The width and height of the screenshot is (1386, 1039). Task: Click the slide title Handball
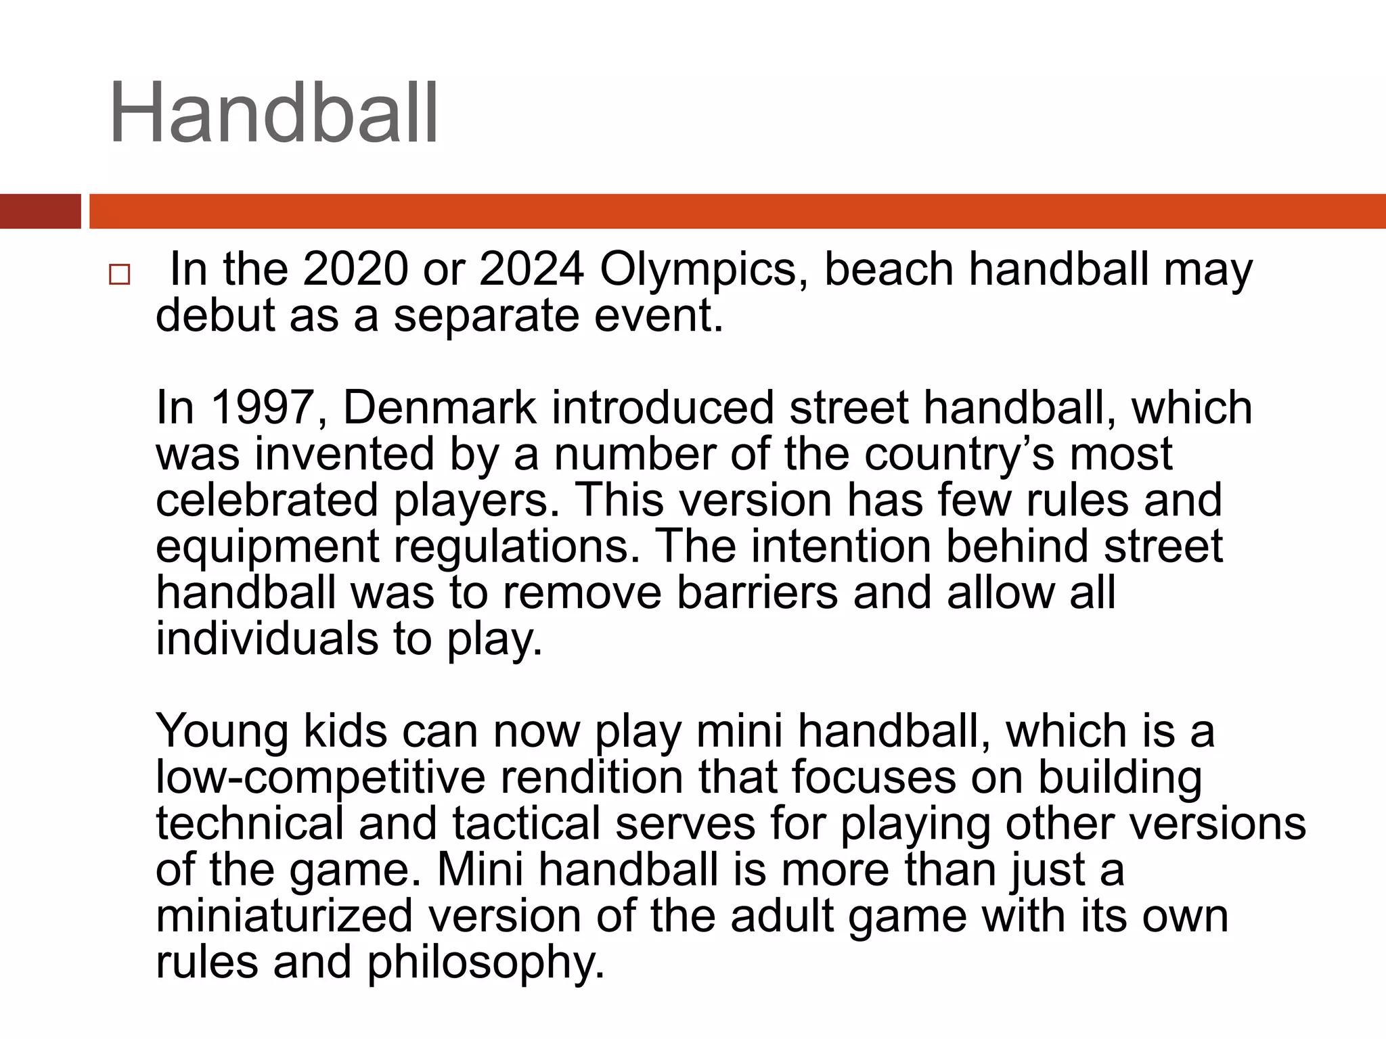pos(273,113)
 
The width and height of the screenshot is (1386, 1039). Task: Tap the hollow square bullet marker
pos(119,275)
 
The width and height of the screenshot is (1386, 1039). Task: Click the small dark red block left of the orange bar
pos(40,211)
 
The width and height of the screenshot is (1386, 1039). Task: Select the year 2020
pos(355,269)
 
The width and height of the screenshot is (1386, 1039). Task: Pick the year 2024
pos(531,269)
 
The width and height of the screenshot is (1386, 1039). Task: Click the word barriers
pos(757,593)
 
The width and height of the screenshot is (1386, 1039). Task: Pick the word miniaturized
pos(284,916)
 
